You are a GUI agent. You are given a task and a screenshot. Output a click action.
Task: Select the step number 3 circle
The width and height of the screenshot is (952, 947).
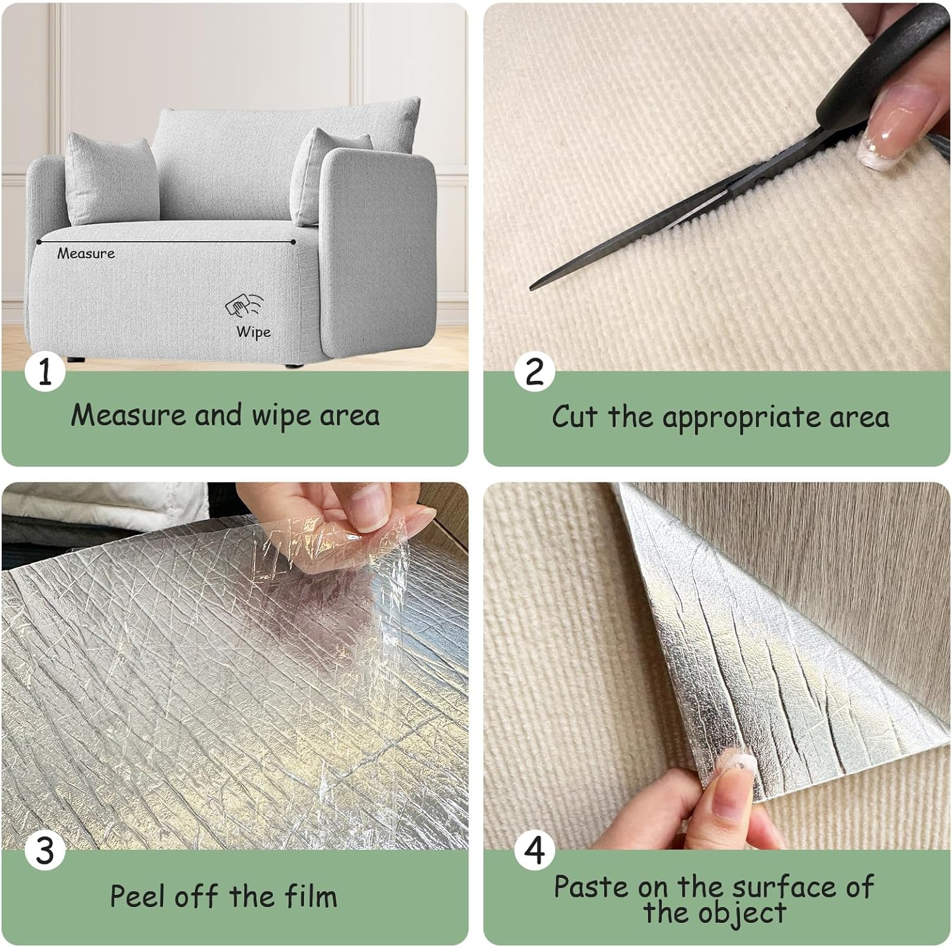click(x=45, y=851)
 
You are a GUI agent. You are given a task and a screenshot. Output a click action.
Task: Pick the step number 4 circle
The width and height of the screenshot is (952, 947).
click(x=534, y=851)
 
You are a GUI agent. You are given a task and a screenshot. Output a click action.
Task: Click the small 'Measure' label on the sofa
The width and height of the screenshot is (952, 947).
click(x=86, y=254)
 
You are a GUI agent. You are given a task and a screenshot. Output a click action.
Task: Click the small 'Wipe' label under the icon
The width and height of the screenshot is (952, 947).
click(x=253, y=332)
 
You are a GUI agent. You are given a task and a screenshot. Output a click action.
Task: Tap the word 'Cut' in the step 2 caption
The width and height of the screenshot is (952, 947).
click(x=574, y=417)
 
